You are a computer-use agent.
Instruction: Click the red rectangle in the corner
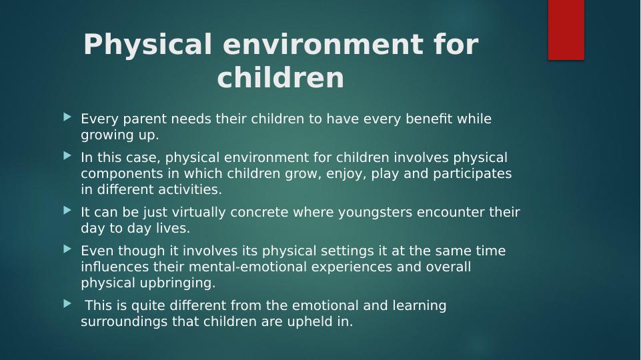click(566, 30)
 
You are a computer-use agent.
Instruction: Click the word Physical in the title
click(148, 45)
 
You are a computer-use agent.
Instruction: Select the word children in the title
click(281, 77)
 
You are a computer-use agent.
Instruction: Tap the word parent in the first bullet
click(145, 119)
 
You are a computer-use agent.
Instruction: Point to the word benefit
click(429, 119)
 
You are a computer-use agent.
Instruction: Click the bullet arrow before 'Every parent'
click(67, 118)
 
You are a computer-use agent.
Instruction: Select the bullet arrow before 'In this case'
click(67, 156)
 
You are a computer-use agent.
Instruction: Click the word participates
click(472, 174)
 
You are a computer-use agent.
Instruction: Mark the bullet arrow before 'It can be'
click(67, 211)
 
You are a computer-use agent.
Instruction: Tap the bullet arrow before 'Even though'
click(67, 249)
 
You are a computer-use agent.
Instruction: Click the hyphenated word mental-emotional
click(247, 267)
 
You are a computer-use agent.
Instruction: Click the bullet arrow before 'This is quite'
click(67, 304)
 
